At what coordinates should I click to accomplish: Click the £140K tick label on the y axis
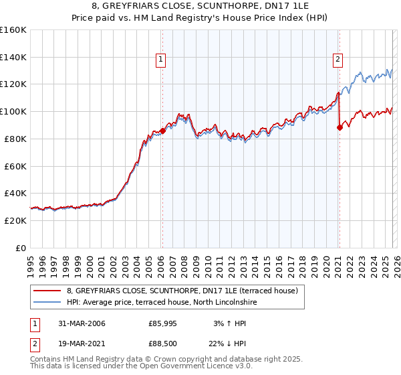coord(13,57)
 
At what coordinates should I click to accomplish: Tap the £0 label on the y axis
coord(20,248)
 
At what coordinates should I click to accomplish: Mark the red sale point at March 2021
coord(340,127)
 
